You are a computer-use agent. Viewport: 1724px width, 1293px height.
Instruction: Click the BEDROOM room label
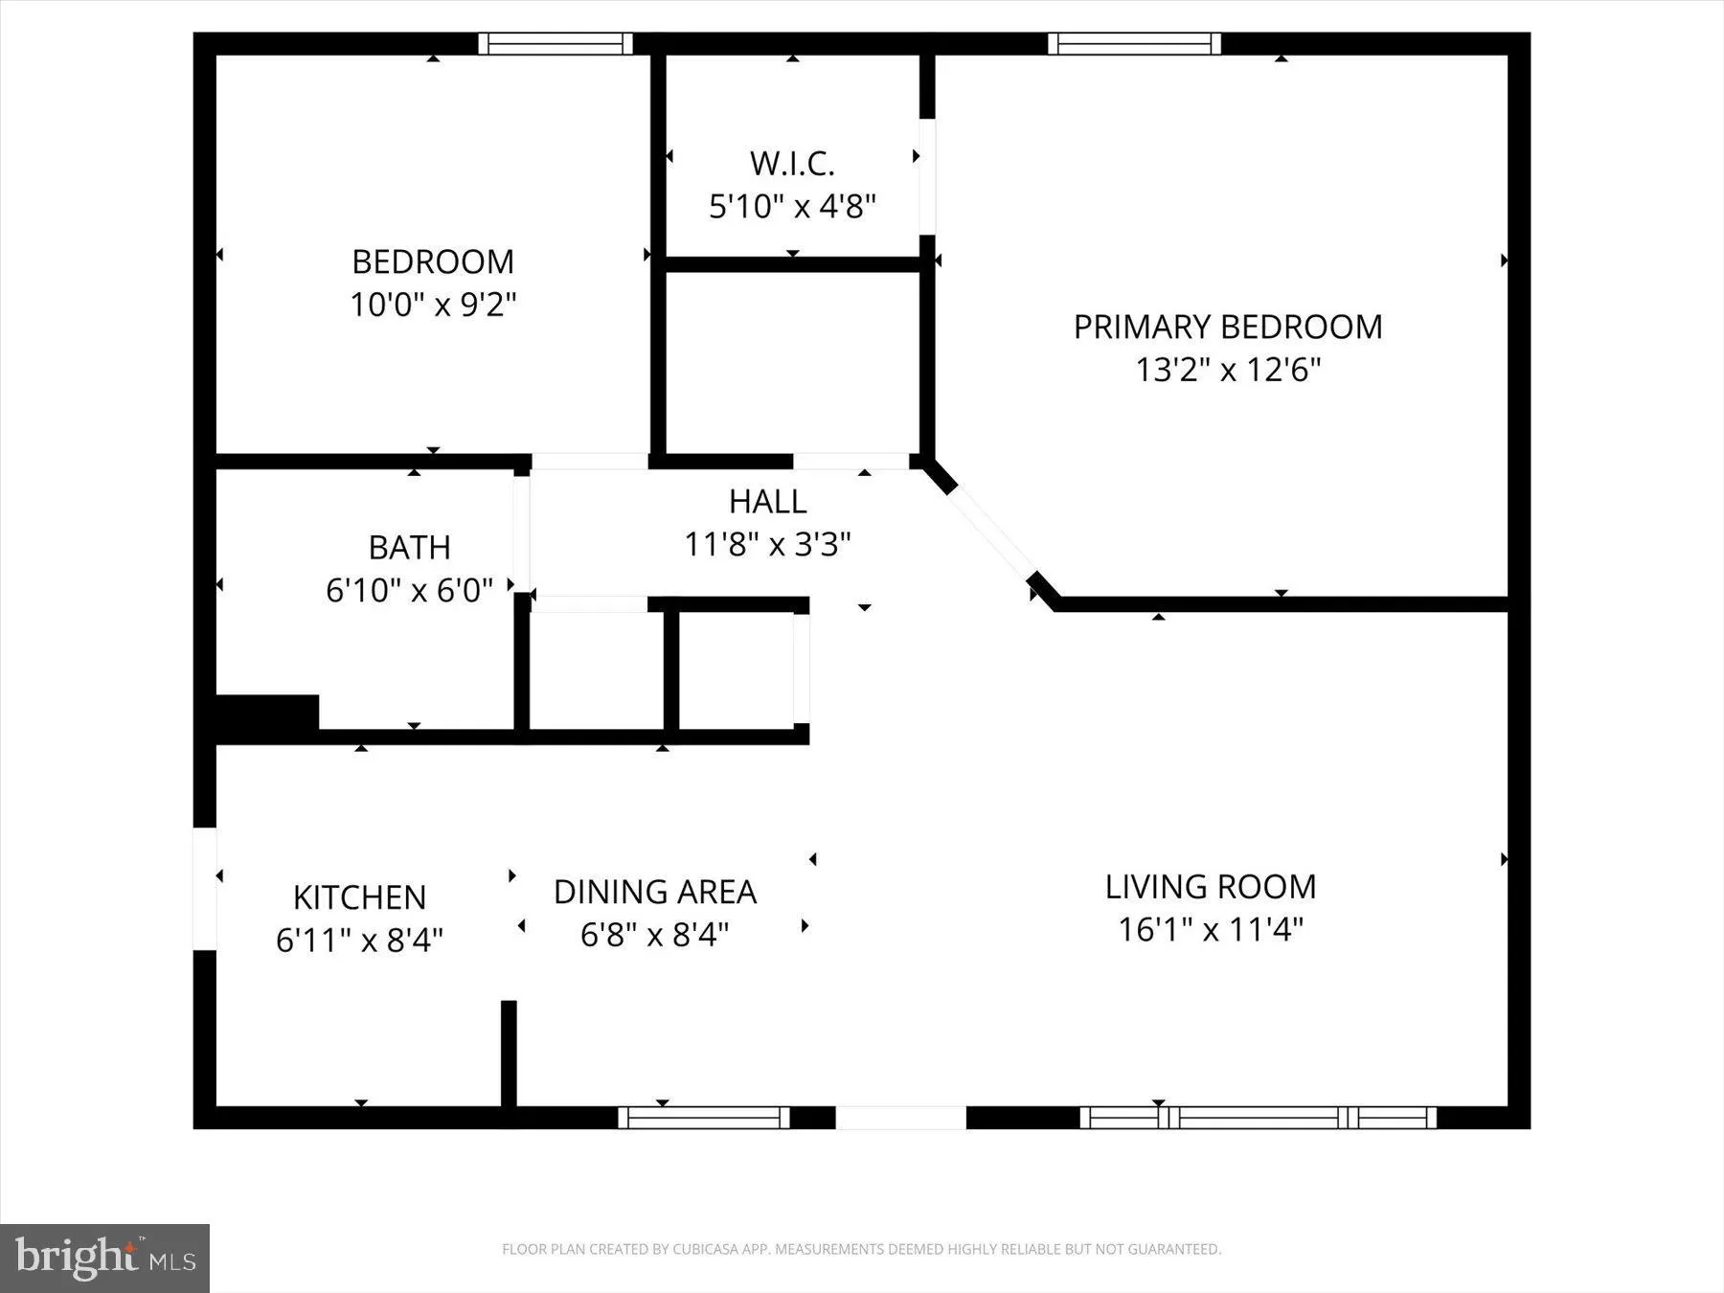pyautogui.click(x=433, y=261)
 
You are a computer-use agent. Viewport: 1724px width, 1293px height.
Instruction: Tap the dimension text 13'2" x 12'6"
pyautogui.click(x=1228, y=370)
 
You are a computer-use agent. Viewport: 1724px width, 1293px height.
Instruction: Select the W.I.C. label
pyautogui.click(x=792, y=164)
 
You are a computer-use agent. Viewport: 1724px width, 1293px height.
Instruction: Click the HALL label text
pyautogui.click(x=767, y=501)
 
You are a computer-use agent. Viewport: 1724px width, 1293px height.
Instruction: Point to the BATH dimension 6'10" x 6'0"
pyautogui.click(x=409, y=590)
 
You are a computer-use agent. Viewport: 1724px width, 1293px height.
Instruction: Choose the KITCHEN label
pyautogui.click(x=359, y=897)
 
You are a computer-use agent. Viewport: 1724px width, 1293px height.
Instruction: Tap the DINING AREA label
pyautogui.click(x=655, y=892)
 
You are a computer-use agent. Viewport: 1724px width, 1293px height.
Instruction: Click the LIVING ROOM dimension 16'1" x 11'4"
pyautogui.click(x=1211, y=929)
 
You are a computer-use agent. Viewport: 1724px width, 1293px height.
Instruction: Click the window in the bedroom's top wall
pyautogui.click(x=556, y=43)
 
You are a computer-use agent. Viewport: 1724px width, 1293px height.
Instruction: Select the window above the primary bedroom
pyautogui.click(x=1134, y=43)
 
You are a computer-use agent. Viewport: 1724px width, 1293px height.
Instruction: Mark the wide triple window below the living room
pyautogui.click(x=1259, y=1117)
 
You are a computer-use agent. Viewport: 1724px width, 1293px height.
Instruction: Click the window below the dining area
pyautogui.click(x=704, y=1117)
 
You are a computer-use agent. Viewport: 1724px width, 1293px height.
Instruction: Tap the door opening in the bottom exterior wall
pyautogui.click(x=900, y=1117)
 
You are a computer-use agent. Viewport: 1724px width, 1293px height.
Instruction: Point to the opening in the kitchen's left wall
pyautogui.click(x=205, y=889)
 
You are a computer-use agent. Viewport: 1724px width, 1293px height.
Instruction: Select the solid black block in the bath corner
pyautogui.click(x=267, y=716)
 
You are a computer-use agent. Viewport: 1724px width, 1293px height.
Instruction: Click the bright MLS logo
pyautogui.click(x=104, y=1258)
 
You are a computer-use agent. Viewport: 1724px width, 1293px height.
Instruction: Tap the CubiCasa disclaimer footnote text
pyautogui.click(x=861, y=1249)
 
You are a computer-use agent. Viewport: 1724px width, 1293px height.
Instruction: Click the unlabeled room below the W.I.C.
pyautogui.click(x=792, y=362)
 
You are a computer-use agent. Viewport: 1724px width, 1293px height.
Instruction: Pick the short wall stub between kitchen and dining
pyautogui.click(x=509, y=1054)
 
